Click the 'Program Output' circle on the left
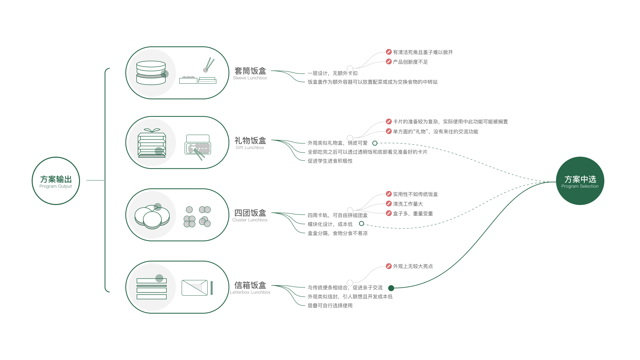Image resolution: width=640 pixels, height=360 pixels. (x=56, y=181)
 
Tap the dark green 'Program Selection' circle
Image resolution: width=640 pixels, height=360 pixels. (x=580, y=181)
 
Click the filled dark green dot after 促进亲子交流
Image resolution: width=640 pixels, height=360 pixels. (x=391, y=288)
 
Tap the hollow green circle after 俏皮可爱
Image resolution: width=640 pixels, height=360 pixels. (x=375, y=143)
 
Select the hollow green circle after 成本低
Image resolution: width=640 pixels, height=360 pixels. (x=361, y=224)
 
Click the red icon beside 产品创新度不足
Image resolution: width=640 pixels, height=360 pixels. (x=389, y=62)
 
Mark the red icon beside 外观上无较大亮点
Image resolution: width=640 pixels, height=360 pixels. (x=389, y=266)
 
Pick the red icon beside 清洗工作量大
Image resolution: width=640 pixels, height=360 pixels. (x=389, y=204)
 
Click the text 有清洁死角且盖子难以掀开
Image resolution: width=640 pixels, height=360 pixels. (x=423, y=52)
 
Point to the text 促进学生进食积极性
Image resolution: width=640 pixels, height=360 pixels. (x=330, y=161)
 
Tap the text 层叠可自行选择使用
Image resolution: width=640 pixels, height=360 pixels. (x=330, y=306)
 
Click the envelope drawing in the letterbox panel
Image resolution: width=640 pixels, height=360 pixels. (x=195, y=288)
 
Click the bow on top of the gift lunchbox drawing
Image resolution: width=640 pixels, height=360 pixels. (x=152, y=130)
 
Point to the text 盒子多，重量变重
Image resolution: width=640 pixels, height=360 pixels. (x=413, y=214)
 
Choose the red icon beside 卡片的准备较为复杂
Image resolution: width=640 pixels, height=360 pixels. (x=389, y=122)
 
